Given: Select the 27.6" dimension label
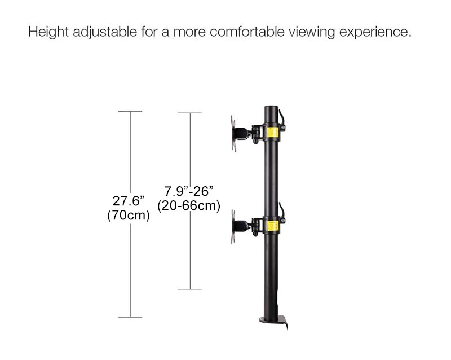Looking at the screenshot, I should tap(129, 201).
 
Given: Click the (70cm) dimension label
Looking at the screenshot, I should tap(129, 215).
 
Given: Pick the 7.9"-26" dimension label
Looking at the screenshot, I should tap(189, 191).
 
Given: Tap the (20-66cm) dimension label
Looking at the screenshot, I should tap(189, 205).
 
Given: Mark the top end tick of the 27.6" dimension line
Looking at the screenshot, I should tap(131, 112).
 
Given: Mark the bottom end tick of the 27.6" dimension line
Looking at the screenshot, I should tap(131, 317).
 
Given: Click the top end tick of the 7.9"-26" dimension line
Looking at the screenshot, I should tap(189, 113).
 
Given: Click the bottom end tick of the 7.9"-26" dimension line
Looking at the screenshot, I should tap(189, 289).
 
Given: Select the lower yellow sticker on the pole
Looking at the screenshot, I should tap(275, 227).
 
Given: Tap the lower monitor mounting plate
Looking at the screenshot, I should tap(233, 227).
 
